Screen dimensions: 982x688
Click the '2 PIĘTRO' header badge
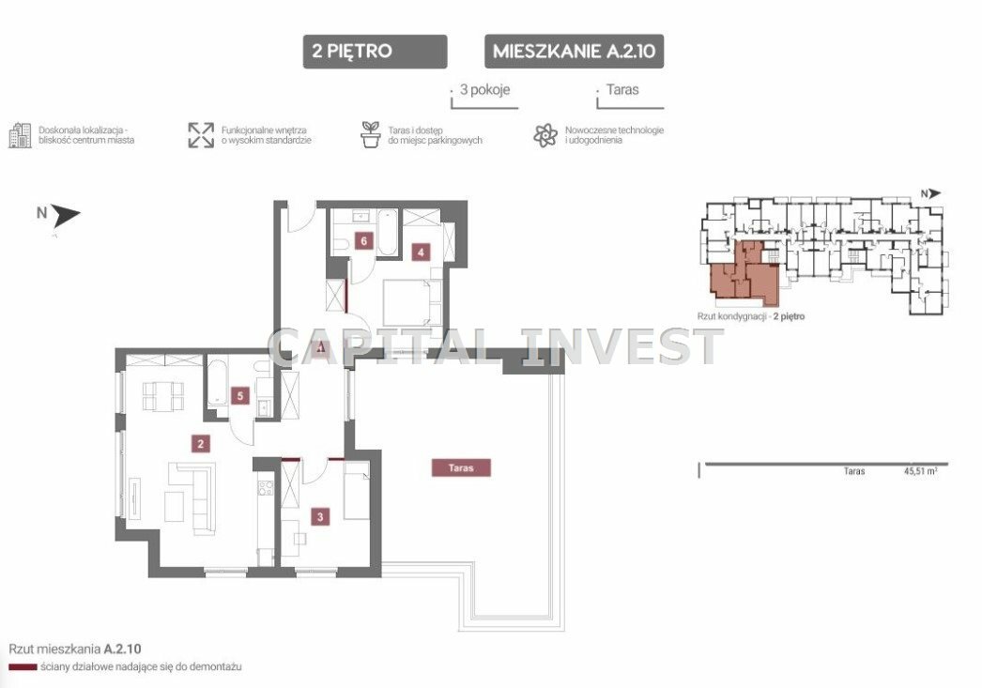coord(375,52)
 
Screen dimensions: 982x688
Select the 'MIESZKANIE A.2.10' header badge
coord(574,52)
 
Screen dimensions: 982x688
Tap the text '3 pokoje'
coord(484,89)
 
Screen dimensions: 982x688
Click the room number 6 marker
coord(363,240)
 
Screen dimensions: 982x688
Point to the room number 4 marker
coord(421,252)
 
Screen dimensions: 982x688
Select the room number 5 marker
coord(239,396)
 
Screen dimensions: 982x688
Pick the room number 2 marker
coord(200,444)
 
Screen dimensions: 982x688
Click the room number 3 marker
coord(321,517)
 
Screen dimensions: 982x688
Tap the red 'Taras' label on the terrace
coord(461,467)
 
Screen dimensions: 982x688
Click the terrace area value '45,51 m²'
coord(920,471)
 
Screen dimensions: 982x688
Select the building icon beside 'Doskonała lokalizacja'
coord(20,135)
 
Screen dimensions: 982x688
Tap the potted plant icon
coord(371,134)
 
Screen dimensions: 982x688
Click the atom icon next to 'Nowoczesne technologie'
coord(545,135)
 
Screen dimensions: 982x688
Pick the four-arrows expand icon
coord(201,135)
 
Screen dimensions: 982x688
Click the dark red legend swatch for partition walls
coord(23,667)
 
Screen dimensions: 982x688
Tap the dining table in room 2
coord(163,396)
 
